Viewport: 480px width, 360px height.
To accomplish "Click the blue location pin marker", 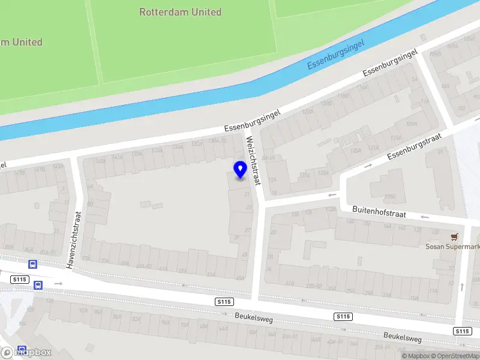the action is pyautogui.click(x=240, y=170).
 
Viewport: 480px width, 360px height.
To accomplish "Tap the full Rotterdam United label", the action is pyautogui.click(x=180, y=12).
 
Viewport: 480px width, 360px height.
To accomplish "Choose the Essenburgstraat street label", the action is pyautogui.click(x=414, y=147).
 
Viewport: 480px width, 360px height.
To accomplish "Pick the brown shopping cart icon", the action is pyautogui.click(x=455, y=237).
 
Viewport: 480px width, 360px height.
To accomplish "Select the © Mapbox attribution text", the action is pyautogui.click(x=415, y=356).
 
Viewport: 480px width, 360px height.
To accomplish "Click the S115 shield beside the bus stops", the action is pyautogui.click(x=20, y=280).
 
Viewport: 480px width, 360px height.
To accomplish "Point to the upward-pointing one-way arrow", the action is pyautogui.click(x=461, y=287).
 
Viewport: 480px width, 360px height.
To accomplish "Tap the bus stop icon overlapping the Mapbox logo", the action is pyautogui.click(x=22, y=350).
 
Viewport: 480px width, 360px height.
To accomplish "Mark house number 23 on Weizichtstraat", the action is pyautogui.click(x=248, y=207).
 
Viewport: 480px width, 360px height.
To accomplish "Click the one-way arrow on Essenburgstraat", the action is pyautogui.click(x=368, y=165).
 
